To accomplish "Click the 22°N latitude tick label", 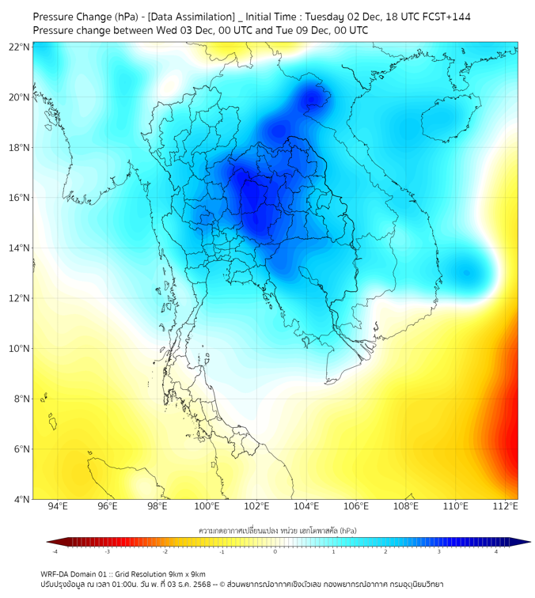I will tap(20, 47).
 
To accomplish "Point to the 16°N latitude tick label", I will tap(20, 198).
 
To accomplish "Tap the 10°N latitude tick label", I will tap(20, 349).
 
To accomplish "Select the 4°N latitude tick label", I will tap(21, 499).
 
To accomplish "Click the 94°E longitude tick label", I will tap(58, 507).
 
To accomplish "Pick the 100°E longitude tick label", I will tap(207, 507).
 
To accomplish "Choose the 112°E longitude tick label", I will tap(506, 507).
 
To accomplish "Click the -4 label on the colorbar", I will tap(55, 551).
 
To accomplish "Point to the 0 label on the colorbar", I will tap(275, 551).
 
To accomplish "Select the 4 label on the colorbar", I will tap(496, 551).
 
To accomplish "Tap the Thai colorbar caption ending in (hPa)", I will tap(276, 529).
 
